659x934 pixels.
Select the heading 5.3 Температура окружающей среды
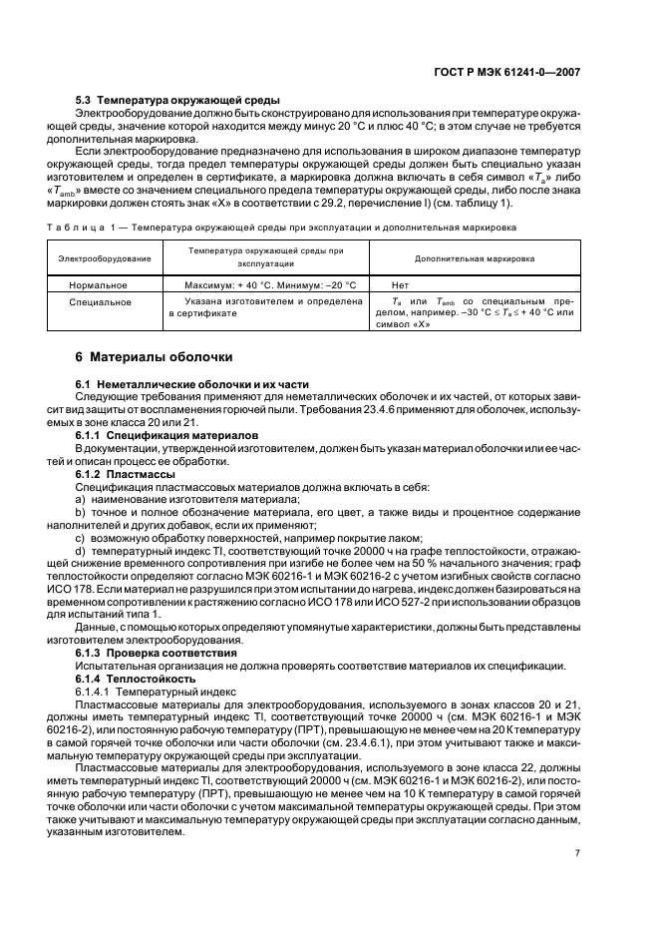click(177, 101)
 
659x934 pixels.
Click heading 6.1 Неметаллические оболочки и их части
click(192, 383)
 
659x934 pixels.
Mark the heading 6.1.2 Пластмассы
click(124, 474)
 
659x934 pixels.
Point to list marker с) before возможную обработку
click(82, 537)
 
